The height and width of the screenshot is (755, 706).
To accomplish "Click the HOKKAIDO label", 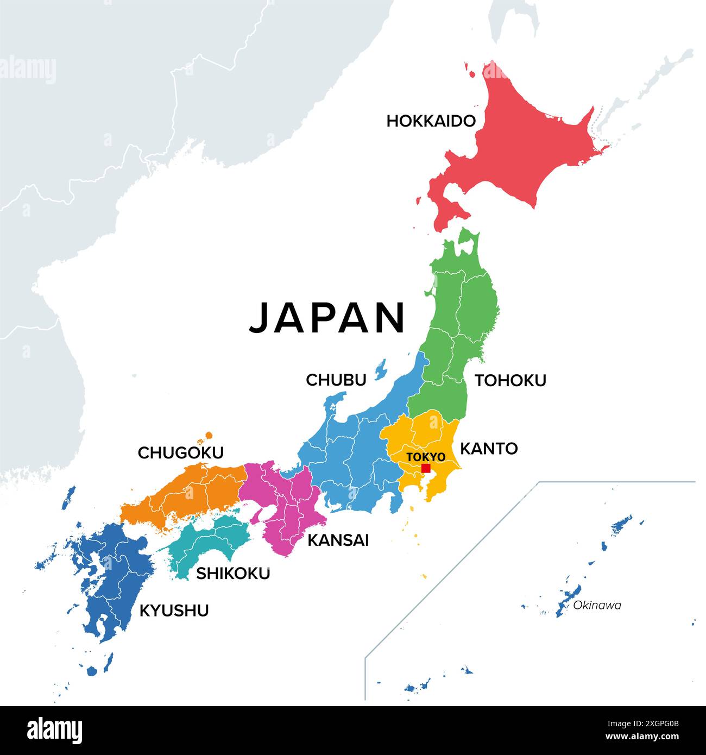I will click(431, 121).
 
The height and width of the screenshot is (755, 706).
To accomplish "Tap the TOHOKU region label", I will click(510, 381).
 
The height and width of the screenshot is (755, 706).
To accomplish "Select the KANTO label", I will click(489, 449).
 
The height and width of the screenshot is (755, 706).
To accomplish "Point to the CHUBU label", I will click(336, 380).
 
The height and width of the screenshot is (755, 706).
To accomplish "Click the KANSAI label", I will click(338, 540).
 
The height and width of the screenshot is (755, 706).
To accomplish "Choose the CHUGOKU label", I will click(180, 453).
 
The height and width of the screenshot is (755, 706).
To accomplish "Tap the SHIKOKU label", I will click(232, 574).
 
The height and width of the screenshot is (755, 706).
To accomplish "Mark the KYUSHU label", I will click(174, 611).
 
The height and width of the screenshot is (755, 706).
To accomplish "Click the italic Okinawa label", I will click(597, 605).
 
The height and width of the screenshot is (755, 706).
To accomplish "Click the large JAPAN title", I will click(327, 318).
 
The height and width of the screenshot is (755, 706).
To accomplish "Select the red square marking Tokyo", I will click(426, 468).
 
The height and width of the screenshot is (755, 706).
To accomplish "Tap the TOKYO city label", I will click(426, 457).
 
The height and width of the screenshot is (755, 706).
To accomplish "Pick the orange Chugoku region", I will click(185, 494).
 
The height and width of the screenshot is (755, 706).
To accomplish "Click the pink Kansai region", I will click(288, 505).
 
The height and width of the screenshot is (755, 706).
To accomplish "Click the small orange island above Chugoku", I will click(208, 436).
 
